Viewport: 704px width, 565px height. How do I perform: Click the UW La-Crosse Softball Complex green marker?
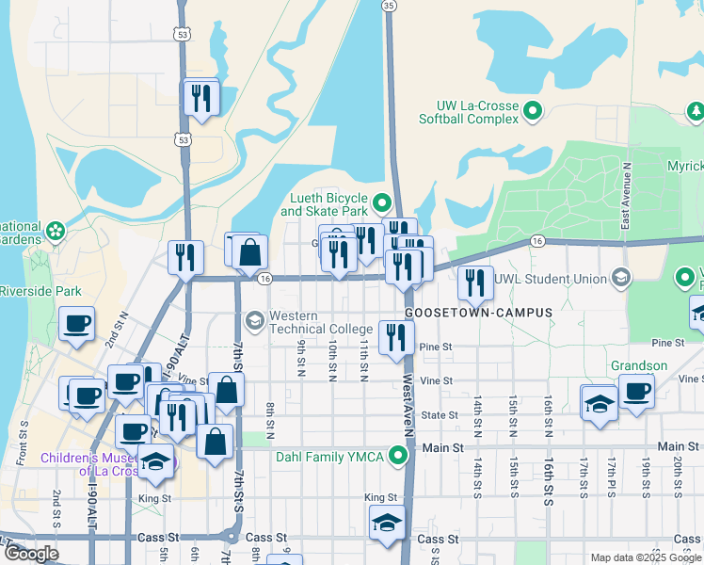533,111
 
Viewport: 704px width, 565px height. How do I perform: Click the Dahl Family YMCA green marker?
399,458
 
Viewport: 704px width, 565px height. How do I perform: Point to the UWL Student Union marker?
620,277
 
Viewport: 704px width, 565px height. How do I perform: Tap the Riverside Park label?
40,292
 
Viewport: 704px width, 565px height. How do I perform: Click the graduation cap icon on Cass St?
386,524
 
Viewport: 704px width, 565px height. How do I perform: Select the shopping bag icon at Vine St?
227,388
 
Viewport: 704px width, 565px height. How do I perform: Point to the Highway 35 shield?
389,6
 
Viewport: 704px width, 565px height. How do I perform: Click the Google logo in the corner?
30,554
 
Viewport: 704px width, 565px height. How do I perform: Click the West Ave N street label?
408,403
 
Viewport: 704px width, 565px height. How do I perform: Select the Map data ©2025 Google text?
645,557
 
